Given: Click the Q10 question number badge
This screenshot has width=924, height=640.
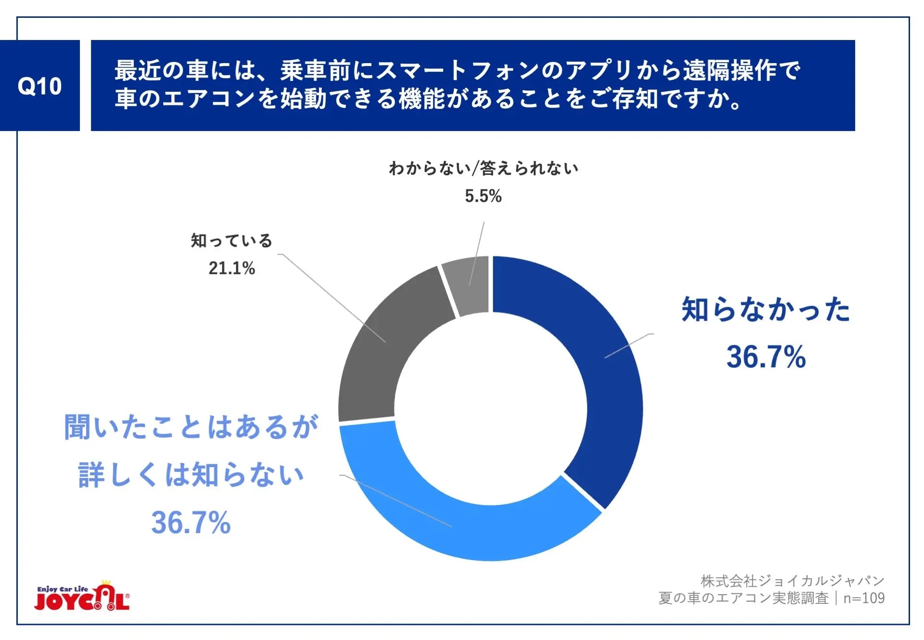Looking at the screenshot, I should pos(40,86).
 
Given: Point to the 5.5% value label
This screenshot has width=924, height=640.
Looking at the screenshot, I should pos(483,196).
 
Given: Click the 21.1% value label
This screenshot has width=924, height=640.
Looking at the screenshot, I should pos(231,268).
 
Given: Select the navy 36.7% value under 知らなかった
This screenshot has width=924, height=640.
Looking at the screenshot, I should pos(766,357).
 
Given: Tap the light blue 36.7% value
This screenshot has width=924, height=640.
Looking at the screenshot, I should pos(191,522).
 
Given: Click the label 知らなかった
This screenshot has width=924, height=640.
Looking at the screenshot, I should pos(766,309).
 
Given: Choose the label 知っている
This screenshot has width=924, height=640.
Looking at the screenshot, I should pos(231,240).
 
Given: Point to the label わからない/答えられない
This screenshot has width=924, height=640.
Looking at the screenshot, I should pos(483,168).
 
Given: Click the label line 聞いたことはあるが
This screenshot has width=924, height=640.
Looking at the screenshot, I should pos(191,427).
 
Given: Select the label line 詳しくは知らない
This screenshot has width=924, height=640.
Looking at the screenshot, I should pos(191,475).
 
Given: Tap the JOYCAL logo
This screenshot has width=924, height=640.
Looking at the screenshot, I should pos(82,597).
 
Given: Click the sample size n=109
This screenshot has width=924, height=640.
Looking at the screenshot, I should pos(864,598).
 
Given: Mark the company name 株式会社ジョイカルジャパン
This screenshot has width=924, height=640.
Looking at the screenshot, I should pos(792,581).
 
